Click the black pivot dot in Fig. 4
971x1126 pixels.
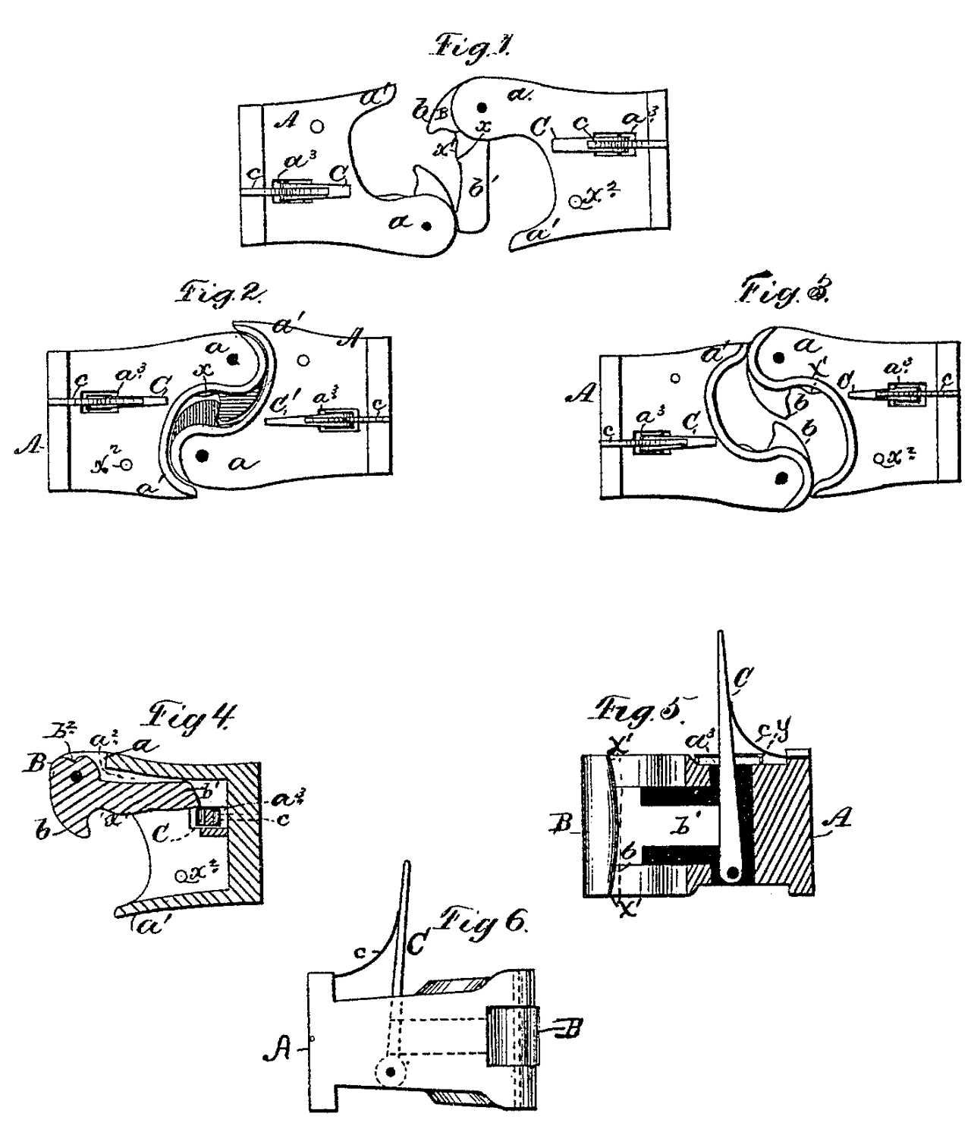click(75, 776)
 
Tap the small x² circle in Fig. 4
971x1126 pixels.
click(182, 875)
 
